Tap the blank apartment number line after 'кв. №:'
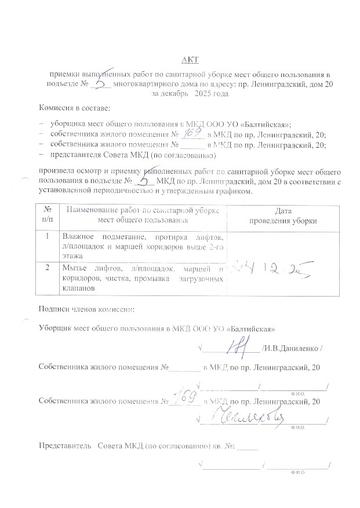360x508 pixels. pos(248,448)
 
